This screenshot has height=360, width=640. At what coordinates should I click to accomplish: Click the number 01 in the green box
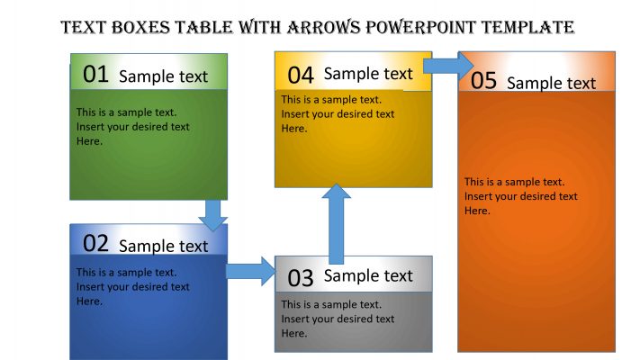click(x=95, y=75)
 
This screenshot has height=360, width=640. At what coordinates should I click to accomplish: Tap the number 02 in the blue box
click(x=95, y=243)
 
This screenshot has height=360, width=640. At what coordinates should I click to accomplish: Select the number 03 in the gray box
click(x=301, y=277)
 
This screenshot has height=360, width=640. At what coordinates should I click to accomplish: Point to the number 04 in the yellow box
click(x=301, y=75)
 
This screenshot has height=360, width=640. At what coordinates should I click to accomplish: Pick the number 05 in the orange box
click(x=483, y=81)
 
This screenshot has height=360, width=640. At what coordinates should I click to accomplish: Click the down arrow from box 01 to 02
click(x=212, y=214)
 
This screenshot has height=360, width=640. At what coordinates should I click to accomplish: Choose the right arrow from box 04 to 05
click(x=448, y=66)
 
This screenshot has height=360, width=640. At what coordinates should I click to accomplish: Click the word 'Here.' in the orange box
click(x=477, y=211)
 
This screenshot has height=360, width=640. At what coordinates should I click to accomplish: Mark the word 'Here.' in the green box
click(x=89, y=141)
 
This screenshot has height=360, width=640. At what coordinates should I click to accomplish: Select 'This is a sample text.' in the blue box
click(x=127, y=272)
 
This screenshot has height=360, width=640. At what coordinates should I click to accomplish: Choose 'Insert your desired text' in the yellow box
click(x=338, y=114)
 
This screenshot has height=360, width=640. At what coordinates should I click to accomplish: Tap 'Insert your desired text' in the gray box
click(x=338, y=319)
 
